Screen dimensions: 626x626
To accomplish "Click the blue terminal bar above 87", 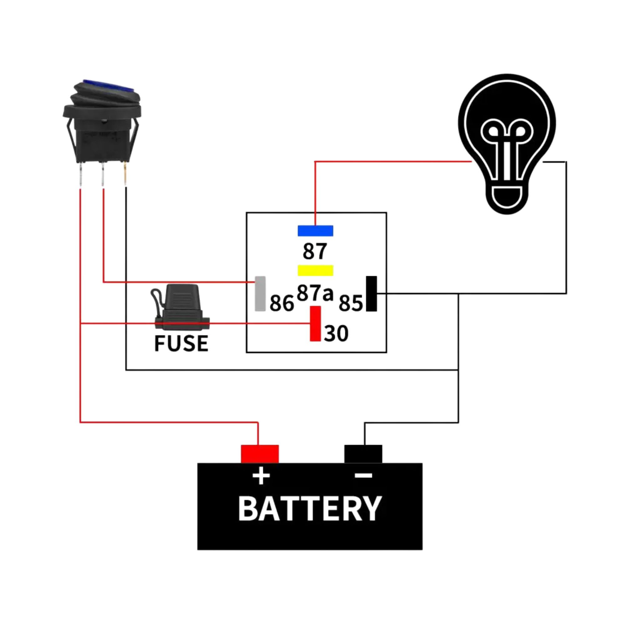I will pyautogui.click(x=315, y=231).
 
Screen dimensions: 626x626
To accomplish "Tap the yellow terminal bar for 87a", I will pyautogui.click(x=315, y=270).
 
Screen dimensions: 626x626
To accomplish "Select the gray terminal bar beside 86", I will pyautogui.click(x=260, y=294).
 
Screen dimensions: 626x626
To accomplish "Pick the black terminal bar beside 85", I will pyautogui.click(x=371, y=294).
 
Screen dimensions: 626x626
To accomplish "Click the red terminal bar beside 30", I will pyautogui.click(x=315, y=323).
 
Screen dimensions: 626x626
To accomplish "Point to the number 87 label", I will pyautogui.click(x=315, y=251).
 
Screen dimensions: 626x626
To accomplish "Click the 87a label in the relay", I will pyautogui.click(x=315, y=293).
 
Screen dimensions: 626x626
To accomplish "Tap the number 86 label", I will pyautogui.click(x=282, y=303).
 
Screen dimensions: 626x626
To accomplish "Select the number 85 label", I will pyautogui.click(x=351, y=303).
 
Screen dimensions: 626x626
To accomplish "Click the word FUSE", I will pyautogui.click(x=181, y=343).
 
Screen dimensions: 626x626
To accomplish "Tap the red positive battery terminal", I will pyautogui.click(x=259, y=454).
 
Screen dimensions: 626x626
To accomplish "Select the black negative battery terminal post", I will pyautogui.click(x=363, y=454).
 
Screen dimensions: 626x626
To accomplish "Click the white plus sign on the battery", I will pyautogui.click(x=261, y=476).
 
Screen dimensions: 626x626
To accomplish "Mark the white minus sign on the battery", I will pyautogui.click(x=363, y=475).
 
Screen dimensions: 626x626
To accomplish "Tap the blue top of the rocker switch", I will pyautogui.click(x=109, y=86).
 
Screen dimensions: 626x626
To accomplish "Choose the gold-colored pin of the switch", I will pyautogui.click(x=126, y=175).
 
